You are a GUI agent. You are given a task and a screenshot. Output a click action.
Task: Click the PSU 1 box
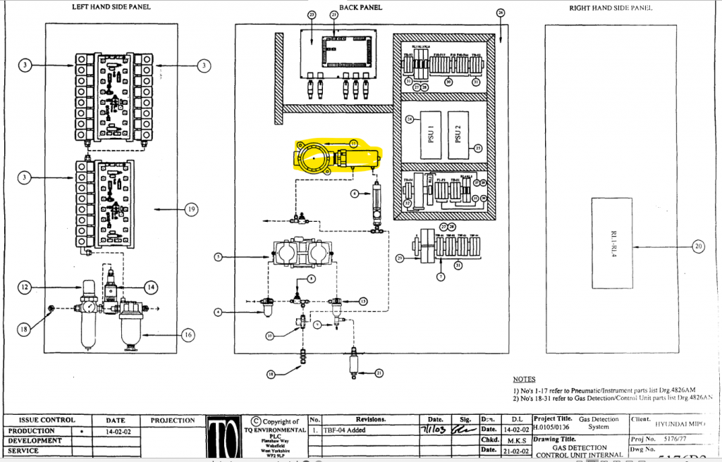[x=429, y=134]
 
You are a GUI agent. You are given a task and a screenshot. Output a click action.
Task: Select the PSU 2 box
[x=458, y=134]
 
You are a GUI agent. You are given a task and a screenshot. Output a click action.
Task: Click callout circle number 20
[x=698, y=246]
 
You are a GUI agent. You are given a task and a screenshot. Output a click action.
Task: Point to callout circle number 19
[x=190, y=208]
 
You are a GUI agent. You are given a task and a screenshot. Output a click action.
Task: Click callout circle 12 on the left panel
[x=24, y=287]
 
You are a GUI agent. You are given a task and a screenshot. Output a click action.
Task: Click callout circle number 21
[x=379, y=373]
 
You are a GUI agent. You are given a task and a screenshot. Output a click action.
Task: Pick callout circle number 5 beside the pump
[x=219, y=258]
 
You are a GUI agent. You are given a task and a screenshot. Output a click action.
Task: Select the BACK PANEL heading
[x=360, y=7]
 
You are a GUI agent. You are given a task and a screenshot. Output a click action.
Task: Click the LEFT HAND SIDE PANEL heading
[x=111, y=7]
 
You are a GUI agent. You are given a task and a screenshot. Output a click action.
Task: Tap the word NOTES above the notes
[x=524, y=379]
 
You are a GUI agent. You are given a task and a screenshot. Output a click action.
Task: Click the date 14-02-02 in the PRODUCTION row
[x=115, y=430]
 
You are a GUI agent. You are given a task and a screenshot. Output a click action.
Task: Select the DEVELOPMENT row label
[x=36, y=440]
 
